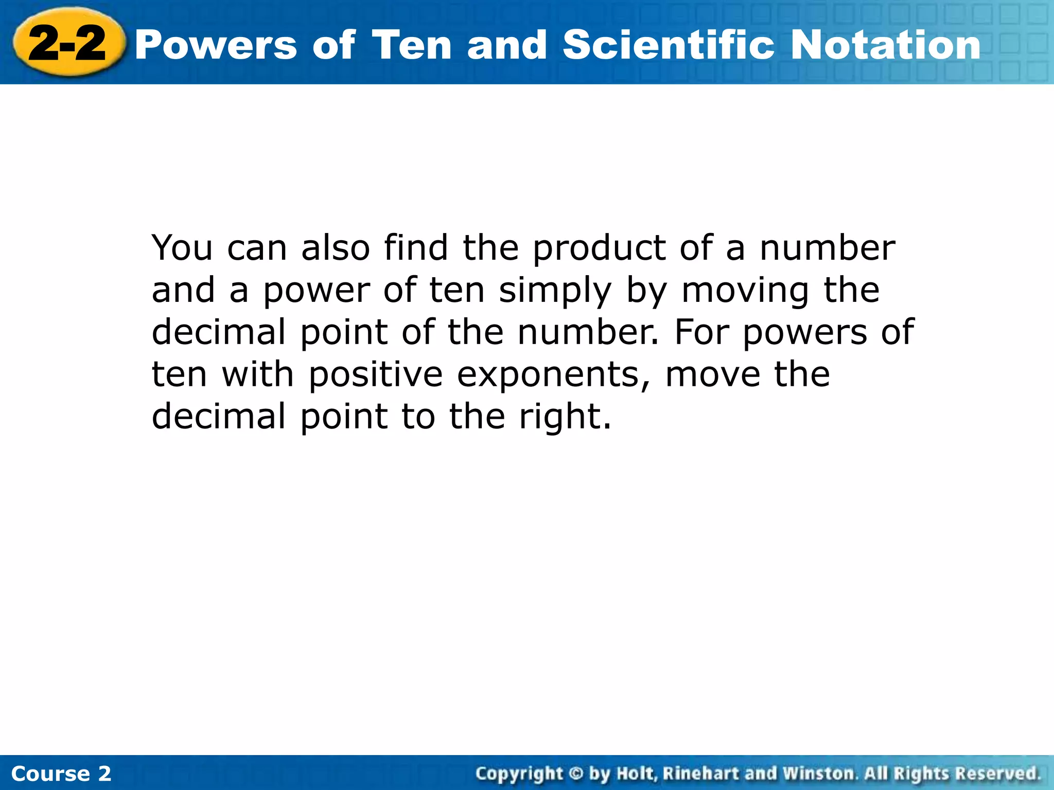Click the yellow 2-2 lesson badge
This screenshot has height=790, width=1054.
pyautogui.click(x=67, y=43)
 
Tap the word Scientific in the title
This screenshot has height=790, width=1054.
pyautogui.click(x=669, y=45)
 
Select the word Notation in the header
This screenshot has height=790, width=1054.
pyautogui.click(x=885, y=45)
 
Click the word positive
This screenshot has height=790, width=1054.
pyautogui.click(x=375, y=374)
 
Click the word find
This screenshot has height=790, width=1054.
pyautogui.click(x=416, y=248)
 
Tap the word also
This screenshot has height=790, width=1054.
pyautogui.click(x=335, y=248)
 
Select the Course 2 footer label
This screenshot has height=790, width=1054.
pyautogui.click(x=61, y=774)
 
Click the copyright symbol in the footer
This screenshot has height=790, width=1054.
pyautogui.click(x=576, y=774)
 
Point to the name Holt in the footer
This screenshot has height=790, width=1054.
pyautogui.click(x=636, y=774)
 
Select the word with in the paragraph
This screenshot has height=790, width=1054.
pyautogui.click(x=258, y=374)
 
